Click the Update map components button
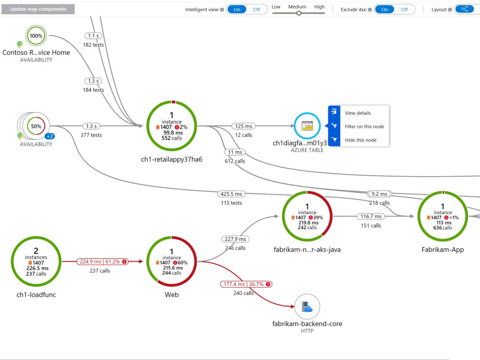[x=38, y=9]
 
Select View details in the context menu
[x=358, y=113]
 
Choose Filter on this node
[x=364, y=126]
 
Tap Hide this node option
[x=360, y=140]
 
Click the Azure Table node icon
[x=307, y=126]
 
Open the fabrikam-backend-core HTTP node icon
[x=307, y=307]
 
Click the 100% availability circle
[x=36, y=36]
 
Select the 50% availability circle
[x=36, y=126]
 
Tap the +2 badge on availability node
[x=50, y=136]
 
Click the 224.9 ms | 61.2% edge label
[x=102, y=262]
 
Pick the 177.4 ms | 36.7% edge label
[x=246, y=284]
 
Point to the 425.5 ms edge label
[x=231, y=194]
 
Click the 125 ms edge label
[x=244, y=126]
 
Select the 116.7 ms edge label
[x=371, y=216]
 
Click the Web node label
[x=172, y=295]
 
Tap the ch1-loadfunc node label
[x=36, y=295]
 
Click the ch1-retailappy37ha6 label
[x=172, y=159]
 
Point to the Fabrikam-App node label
[x=443, y=250]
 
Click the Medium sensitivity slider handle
[x=299, y=13]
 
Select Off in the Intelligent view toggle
[x=256, y=10]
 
